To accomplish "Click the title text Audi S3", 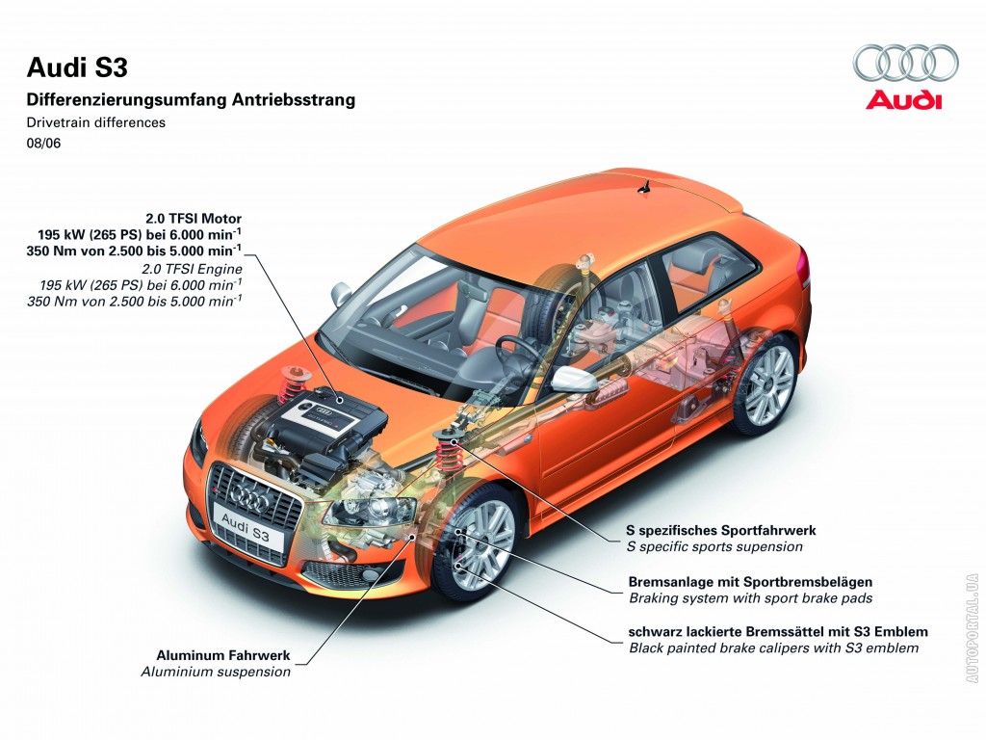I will tap(77, 67).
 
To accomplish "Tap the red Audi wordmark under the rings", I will tap(904, 100).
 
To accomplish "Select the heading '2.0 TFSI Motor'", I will tap(193, 218).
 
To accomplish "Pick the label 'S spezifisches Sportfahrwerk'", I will tap(722, 530).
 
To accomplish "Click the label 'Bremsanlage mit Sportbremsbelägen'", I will tap(750, 581).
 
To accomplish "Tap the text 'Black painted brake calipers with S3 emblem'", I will tap(773, 648).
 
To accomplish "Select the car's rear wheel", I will tap(767, 383).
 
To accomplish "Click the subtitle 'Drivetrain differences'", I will tap(96, 122).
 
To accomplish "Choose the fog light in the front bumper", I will tap(371, 575).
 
